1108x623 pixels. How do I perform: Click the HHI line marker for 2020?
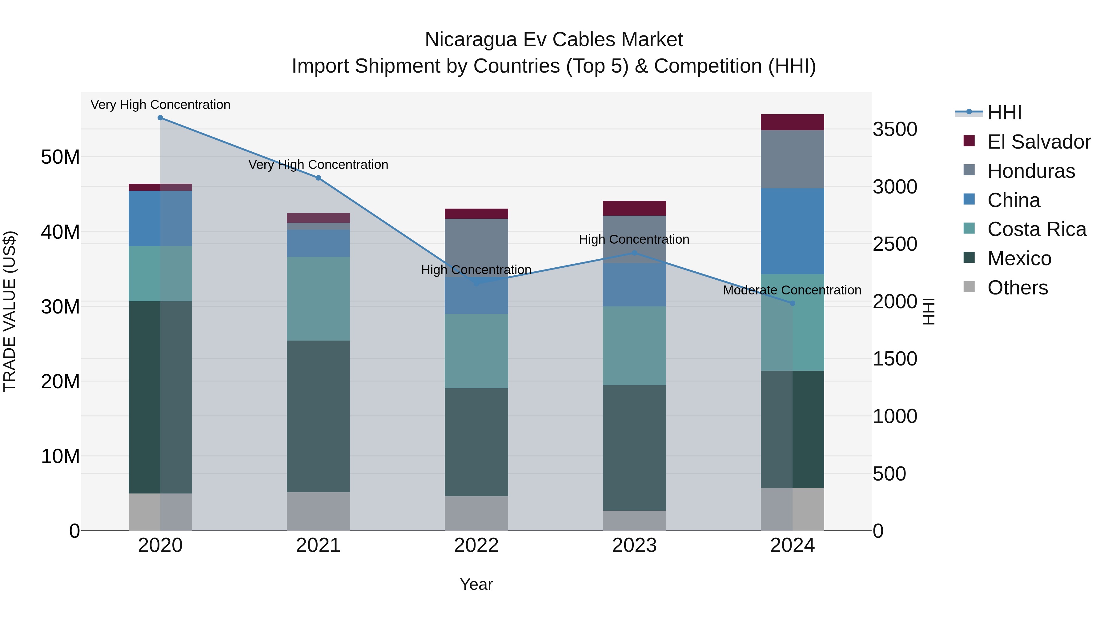coord(160,118)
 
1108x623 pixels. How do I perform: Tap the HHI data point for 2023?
coord(634,253)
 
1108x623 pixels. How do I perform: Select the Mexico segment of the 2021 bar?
coord(318,416)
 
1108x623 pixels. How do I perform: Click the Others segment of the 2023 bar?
coord(634,520)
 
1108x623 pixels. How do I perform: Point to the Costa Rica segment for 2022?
coord(476,351)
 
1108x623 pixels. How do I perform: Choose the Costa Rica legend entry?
coord(1036,229)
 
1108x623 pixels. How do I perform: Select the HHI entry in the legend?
coord(1004,113)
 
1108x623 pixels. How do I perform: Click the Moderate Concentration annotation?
coord(792,290)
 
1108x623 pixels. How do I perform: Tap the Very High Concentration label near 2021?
coord(318,165)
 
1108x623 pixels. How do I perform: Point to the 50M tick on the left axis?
coord(60,157)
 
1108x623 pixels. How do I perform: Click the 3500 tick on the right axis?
coord(895,130)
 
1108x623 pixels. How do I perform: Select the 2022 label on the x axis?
coord(476,545)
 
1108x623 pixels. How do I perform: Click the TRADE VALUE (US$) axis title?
coord(10,311)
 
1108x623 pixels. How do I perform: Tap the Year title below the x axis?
coord(476,584)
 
